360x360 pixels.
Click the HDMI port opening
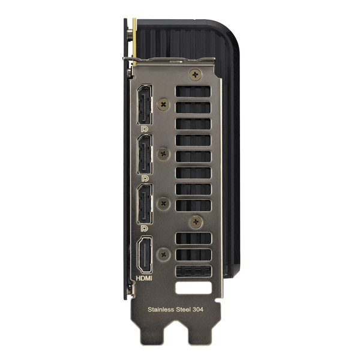tap(145, 255)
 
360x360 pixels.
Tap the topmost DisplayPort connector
tap(145, 104)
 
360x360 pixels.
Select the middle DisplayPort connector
tap(145, 154)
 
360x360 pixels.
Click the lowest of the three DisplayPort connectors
tap(145, 204)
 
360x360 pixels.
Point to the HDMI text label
tap(144, 278)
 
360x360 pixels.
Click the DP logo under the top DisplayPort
tap(145, 129)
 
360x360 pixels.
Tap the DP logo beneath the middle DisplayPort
tap(145, 179)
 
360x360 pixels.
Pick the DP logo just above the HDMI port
tap(145, 228)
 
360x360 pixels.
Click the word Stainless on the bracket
tap(161, 310)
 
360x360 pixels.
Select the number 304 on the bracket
tap(198, 310)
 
